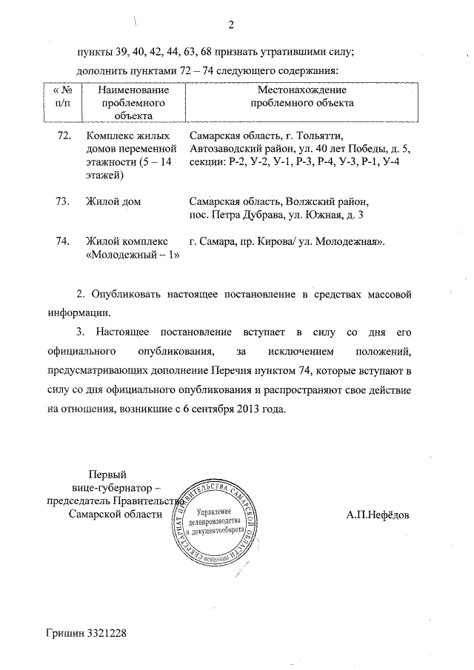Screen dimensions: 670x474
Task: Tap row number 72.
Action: [64, 136]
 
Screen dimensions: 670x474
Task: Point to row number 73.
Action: [64, 201]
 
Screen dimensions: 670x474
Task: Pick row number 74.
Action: [64, 242]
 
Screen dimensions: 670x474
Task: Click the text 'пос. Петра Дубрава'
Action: [232, 215]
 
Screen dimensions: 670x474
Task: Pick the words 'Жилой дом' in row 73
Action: [113, 201]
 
